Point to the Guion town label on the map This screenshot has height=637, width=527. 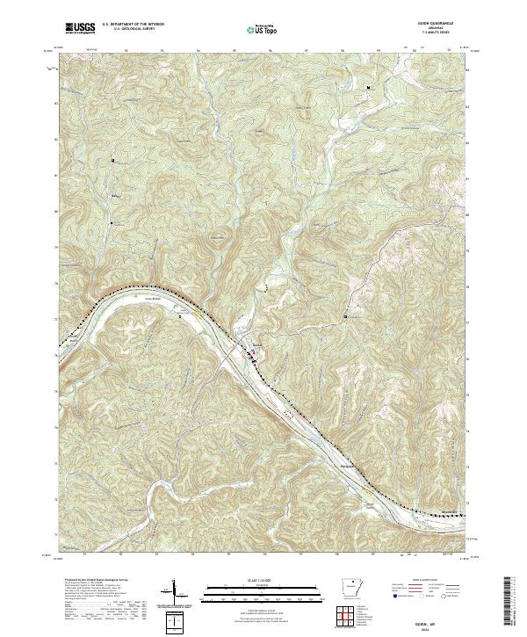point(256,344)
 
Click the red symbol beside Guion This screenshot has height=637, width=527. point(255,353)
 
